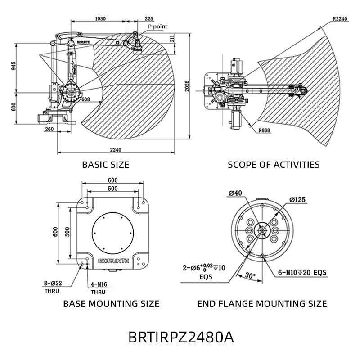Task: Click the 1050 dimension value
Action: (100, 18)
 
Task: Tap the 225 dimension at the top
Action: (149, 18)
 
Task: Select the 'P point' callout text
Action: (157, 27)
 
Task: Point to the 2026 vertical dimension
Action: (187, 86)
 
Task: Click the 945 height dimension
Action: (14, 66)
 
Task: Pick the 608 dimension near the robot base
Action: (85, 99)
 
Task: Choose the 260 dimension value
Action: (49, 129)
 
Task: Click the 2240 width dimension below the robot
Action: (116, 150)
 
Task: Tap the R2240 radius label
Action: (340, 18)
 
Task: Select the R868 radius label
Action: (265, 130)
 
